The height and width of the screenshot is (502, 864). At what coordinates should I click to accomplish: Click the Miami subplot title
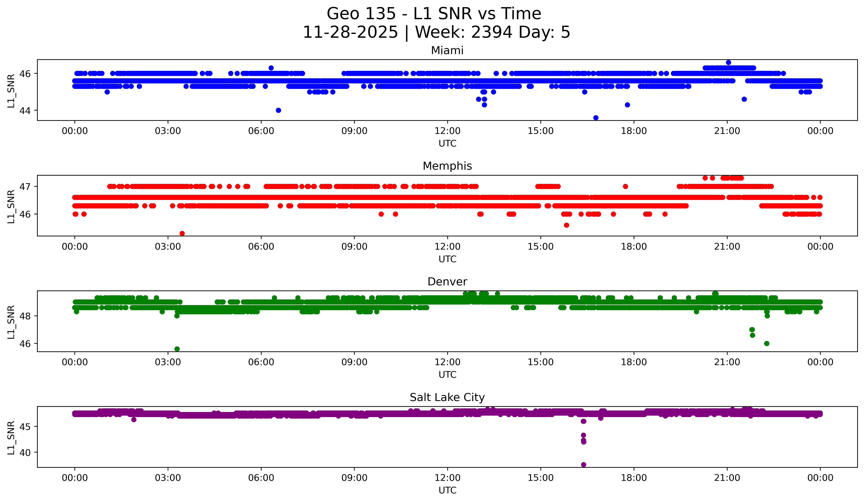pyautogui.click(x=447, y=50)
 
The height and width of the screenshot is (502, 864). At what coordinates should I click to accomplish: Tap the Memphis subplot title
pyautogui.click(x=447, y=166)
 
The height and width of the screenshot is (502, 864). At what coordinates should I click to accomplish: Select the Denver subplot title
pyautogui.click(x=447, y=282)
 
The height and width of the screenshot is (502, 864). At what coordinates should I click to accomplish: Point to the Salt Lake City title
pyautogui.click(x=447, y=397)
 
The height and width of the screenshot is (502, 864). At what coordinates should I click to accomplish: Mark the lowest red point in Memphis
pyautogui.click(x=182, y=233)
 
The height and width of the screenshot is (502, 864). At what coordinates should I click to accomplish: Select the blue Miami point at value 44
pyautogui.click(x=278, y=110)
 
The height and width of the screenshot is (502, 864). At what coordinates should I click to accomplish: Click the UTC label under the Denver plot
pyautogui.click(x=447, y=375)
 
